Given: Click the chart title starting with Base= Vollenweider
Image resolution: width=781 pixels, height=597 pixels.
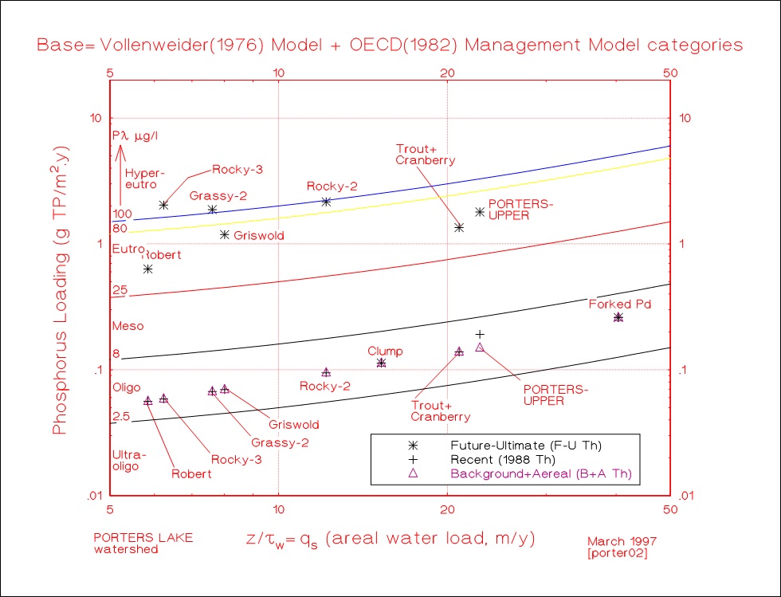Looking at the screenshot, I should click(x=390, y=45).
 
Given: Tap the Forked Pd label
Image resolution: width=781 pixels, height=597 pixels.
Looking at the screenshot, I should click(x=621, y=304).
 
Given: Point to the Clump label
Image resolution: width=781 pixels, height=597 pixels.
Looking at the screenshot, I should click(x=385, y=352).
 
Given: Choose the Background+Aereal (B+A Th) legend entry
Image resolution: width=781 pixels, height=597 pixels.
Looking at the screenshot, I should click(x=545, y=473).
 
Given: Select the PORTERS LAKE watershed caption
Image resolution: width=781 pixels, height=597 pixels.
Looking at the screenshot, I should click(x=143, y=543).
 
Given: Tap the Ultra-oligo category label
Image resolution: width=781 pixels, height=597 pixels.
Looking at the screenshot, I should click(x=127, y=460).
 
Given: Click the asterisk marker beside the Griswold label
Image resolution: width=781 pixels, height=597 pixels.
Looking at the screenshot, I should click(x=225, y=234).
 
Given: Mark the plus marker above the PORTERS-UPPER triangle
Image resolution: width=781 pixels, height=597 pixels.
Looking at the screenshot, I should click(x=480, y=334).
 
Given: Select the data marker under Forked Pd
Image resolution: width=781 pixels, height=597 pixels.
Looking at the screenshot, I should click(x=618, y=317).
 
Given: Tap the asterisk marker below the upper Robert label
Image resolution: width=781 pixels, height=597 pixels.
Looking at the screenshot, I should click(x=147, y=269).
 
